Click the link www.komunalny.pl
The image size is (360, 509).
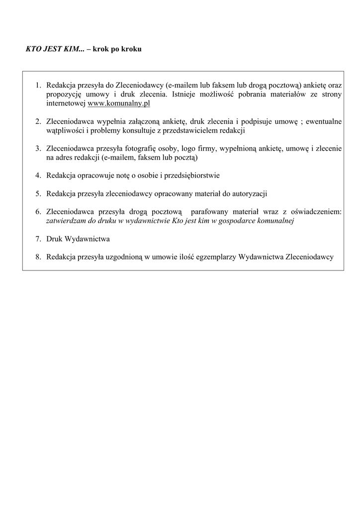click(x=119, y=103)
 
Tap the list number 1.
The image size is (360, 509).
click(x=38, y=85)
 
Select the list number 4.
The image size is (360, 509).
click(x=38, y=175)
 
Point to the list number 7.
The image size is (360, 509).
click(x=38, y=239)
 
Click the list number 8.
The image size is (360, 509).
click(x=38, y=257)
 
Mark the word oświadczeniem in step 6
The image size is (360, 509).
click(x=317, y=212)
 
